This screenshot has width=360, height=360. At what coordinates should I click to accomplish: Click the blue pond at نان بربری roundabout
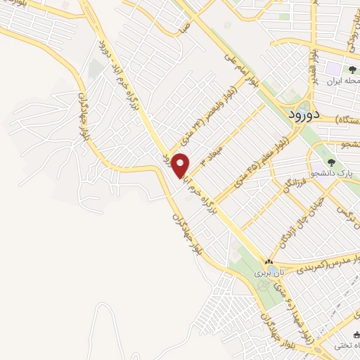[262, 286]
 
